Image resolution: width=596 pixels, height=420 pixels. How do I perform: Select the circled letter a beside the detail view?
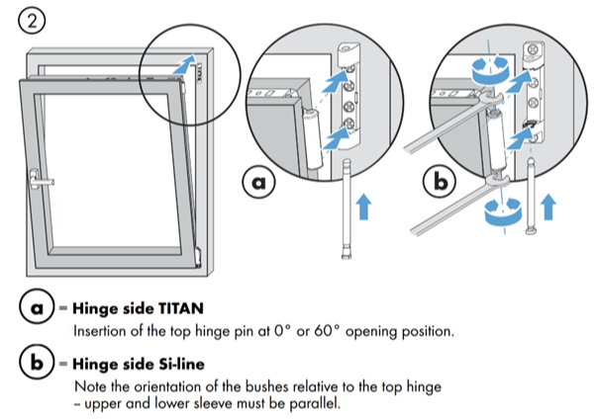coord(259,183)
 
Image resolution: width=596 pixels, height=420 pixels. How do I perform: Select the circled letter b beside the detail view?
coord(439,183)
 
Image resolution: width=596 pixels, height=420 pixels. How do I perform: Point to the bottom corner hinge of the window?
coord(200,259)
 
